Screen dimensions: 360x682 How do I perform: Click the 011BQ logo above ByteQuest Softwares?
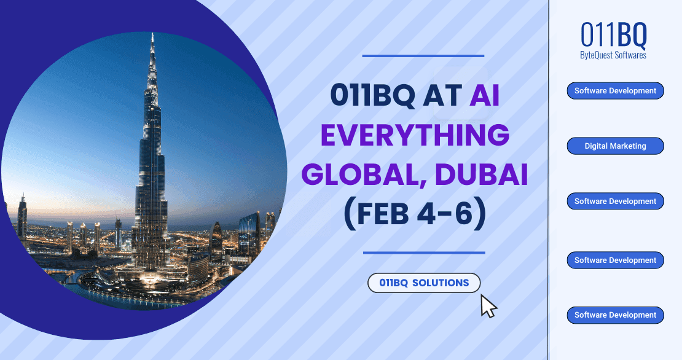click(614, 36)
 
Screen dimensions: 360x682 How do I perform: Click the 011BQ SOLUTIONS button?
click(424, 283)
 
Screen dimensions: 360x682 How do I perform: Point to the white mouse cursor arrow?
click(487, 305)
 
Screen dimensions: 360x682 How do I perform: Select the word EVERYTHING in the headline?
click(415, 135)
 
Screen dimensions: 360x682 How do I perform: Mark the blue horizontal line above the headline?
click(423, 56)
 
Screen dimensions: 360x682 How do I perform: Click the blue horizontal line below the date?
click(424, 252)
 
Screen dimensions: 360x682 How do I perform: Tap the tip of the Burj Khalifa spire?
click(152, 34)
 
